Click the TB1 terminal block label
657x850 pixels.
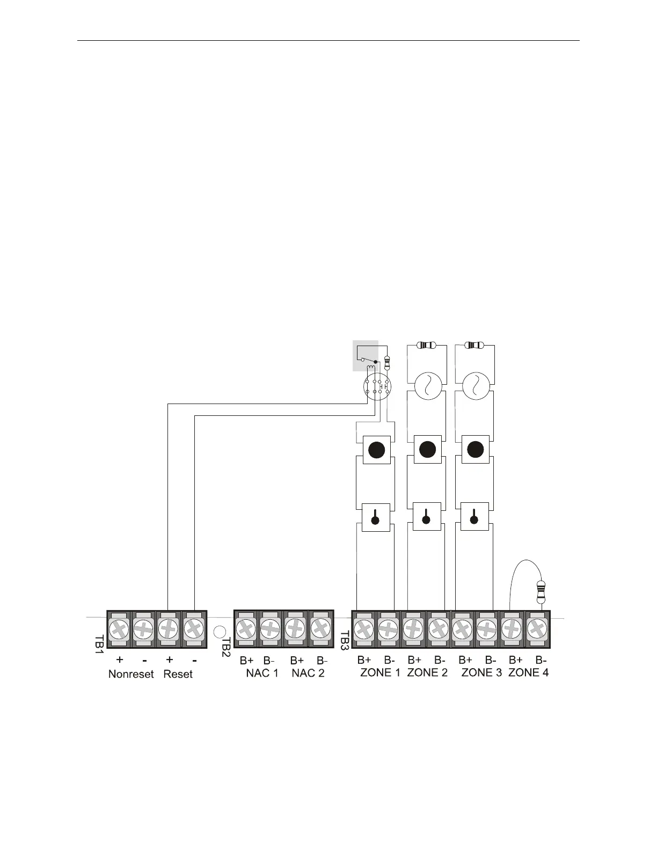(x=99, y=643)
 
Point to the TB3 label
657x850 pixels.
(x=345, y=641)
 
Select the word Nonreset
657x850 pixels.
(x=131, y=674)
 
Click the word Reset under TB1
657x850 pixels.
(x=178, y=674)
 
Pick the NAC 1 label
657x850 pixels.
(x=262, y=673)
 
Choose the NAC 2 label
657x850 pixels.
(x=308, y=673)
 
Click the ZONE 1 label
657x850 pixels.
(x=380, y=672)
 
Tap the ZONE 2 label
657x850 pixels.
(x=427, y=672)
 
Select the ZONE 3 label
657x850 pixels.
(x=481, y=672)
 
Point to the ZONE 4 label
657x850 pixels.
(x=528, y=672)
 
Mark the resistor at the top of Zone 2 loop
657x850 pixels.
(x=427, y=345)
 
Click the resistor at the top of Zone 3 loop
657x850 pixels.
(x=474, y=345)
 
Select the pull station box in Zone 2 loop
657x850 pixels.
(x=427, y=517)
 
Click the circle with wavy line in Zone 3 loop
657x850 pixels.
(x=475, y=386)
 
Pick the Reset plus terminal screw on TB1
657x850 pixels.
(x=168, y=627)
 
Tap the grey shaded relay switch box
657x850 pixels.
(x=365, y=355)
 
